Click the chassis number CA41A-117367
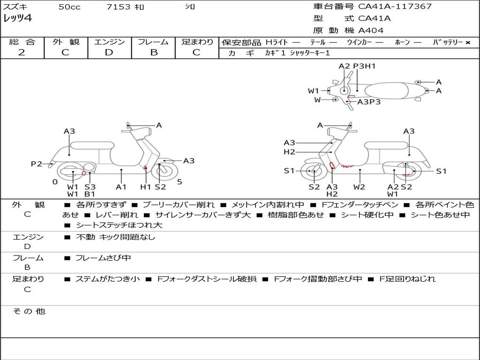tap(395, 7)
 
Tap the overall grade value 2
tap(22, 52)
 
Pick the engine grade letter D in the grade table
tap(109, 52)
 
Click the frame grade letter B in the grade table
tap(153, 52)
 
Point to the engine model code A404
tap(371, 30)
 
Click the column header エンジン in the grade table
tap(109, 42)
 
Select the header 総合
tap(22, 42)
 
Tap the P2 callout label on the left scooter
tap(37, 164)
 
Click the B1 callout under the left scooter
tap(90, 194)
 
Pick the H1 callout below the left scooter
tap(146, 187)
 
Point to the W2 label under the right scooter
tap(359, 187)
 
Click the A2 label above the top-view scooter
tap(344, 66)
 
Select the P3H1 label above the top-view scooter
tap(365, 66)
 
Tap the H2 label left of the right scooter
tap(289, 152)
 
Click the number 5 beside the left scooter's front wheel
tap(180, 182)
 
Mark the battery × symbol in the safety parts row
tap(468, 42)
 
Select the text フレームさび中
tap(103, 258)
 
